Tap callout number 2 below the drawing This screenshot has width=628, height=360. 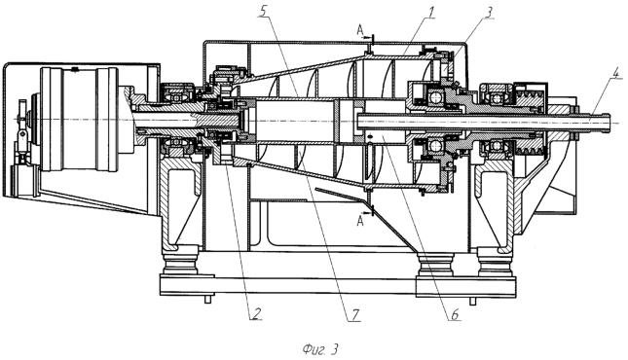click(x=256, y=312)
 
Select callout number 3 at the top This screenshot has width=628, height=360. click(x=489, y=13)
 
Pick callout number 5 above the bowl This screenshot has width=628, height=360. click(x=263, y=12)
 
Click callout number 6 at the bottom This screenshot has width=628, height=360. click(x=455, y=314)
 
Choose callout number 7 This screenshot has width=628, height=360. click(x=355, y=314)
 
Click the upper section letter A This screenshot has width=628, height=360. click(x=360, y=29)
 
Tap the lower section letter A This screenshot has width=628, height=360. click(x=360, y=221)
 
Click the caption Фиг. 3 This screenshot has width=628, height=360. click(x=320, y=349)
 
